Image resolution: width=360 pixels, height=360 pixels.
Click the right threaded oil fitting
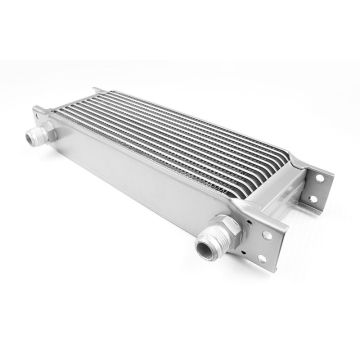coord(212,244)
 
